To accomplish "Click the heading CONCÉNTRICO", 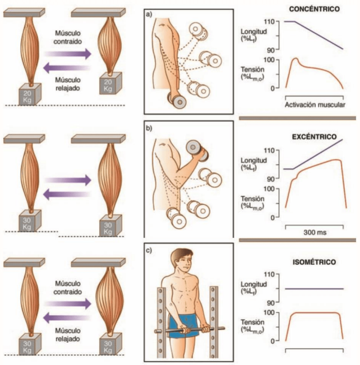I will (x=314, y=9).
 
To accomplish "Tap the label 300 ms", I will (x=315, y=233).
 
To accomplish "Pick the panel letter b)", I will (x=149, y=126).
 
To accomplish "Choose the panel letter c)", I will (x=149, y=250).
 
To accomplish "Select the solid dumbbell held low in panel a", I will (x=177, y=101).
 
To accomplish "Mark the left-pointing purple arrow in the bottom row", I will (x=68, y=316).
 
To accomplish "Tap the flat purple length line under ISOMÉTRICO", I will (x=314, y=289).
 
